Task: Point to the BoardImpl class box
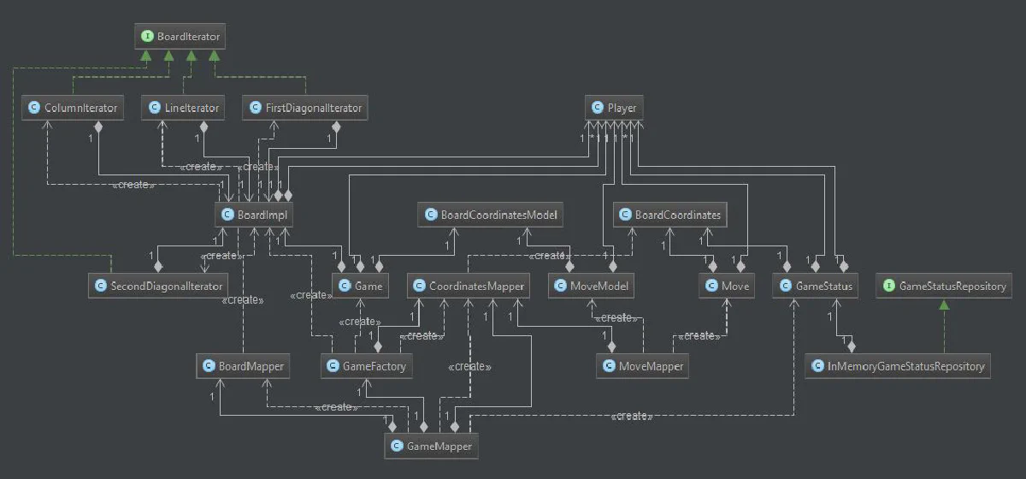(x=255, y=215)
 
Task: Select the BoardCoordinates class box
(x=670, y=215)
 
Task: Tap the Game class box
(x=361, y=286)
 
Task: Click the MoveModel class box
(x=592, y=286)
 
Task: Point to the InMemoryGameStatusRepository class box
(x=898, y=366)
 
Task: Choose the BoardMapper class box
(x=241, y=366)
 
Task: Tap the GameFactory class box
(x=368, y=366)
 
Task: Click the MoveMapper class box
(x=643, y=366)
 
